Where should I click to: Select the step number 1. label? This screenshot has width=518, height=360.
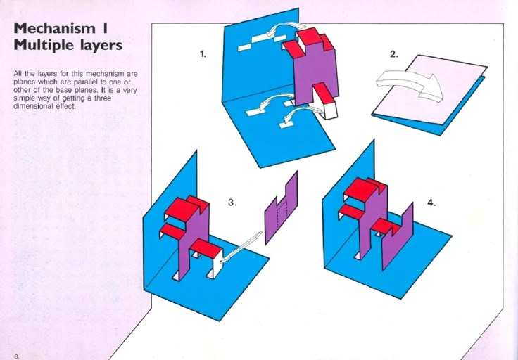[x=203, y=53]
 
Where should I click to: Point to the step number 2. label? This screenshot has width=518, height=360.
[x=394, y=54]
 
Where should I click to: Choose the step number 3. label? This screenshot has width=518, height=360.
[x=232, y=202]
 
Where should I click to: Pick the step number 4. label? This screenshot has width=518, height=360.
[x=431, y=202]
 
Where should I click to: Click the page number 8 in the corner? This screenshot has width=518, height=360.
[x=16, y=356]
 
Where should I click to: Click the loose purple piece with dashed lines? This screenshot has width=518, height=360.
[x=282, y=208]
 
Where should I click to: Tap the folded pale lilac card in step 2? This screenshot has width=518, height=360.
[x=429, y=90]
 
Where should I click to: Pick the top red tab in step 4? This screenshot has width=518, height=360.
[x=363, y=188]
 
